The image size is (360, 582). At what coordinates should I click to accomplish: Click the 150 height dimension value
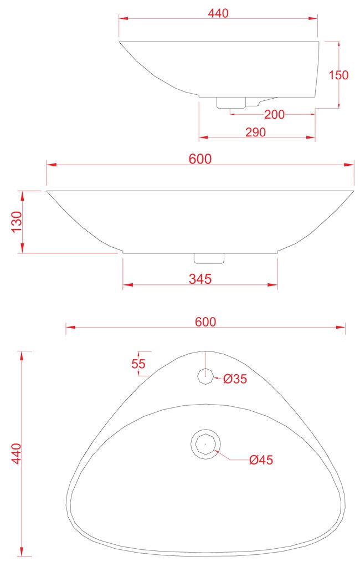(339, 75)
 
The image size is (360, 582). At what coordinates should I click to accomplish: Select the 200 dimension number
(274, 115)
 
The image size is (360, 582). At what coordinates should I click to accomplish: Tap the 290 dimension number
(255, 132)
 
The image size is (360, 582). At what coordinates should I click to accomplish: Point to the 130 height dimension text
(17, 222)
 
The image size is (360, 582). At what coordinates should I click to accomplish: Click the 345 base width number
(200, 279)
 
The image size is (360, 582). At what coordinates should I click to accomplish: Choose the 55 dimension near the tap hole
(138, 364)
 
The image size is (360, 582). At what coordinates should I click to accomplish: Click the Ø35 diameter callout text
(235, 379)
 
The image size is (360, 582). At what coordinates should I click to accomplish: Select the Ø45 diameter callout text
(261, 460)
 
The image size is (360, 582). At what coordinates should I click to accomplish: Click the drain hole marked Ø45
(206, 443)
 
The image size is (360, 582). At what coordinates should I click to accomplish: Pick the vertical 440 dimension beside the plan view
(16, 453)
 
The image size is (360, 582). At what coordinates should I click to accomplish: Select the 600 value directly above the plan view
(205, 321)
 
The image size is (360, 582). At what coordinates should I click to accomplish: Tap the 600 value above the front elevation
(200, 159)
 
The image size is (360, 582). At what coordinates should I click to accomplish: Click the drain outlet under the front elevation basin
(209, 258)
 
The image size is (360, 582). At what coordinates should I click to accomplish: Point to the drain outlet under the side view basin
(230, 103)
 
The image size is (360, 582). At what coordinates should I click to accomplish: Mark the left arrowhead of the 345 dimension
(126, 285)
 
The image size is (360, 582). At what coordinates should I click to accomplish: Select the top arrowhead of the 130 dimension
(23, 194)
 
